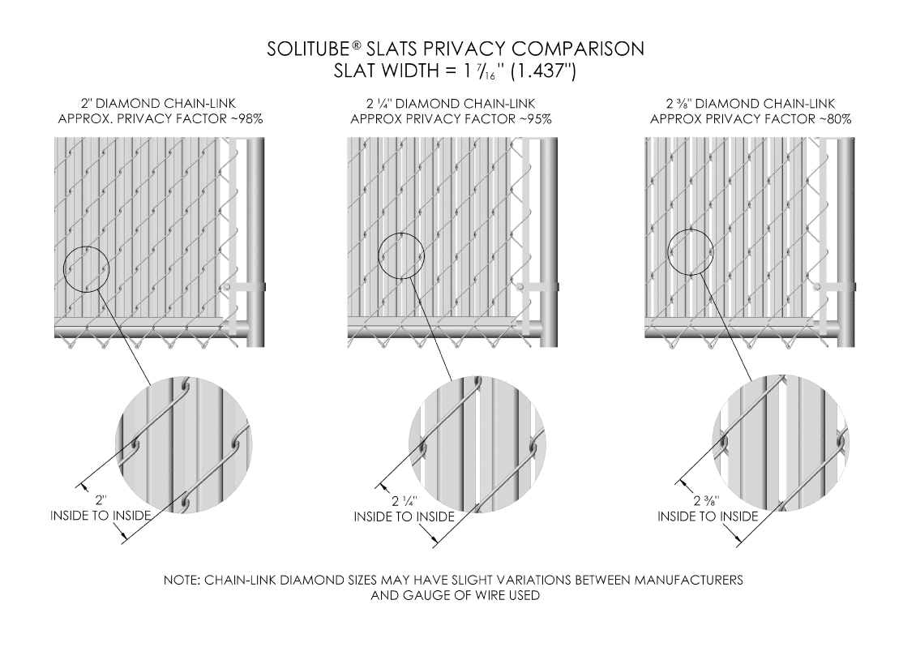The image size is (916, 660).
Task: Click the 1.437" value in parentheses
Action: [x=544, y=71]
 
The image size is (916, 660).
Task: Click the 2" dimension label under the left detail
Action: [x=101, y=500]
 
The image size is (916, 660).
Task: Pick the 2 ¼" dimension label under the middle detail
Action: [x=404, y=501]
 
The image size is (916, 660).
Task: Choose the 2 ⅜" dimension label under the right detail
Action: [x=707, y=501]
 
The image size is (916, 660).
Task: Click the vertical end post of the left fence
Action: [x=256, y=242]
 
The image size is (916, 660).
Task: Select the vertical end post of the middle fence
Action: [x=549, y=242]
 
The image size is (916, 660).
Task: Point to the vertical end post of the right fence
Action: [x=846, y=242]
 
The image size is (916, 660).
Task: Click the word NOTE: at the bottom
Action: [x=182, y=580]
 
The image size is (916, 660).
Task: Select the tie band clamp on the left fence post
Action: [x=244, y=287]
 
